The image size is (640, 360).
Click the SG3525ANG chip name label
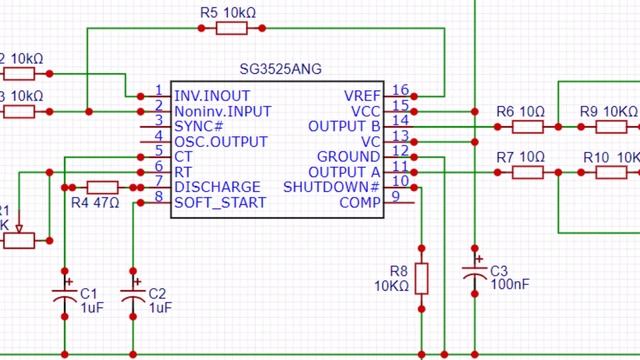[x=276, y=69]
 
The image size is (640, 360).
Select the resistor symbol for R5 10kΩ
[x=231, y=29]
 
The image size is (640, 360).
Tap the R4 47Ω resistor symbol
[x=102, y=187]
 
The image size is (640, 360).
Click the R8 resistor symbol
[x=421, y=278]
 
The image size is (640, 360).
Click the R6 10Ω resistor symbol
[x=528, y=127]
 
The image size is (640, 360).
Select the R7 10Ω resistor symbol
[x=528, y=172]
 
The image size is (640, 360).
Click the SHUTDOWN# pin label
[x=332, y=187]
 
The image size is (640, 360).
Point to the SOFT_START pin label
[x=220, y=203]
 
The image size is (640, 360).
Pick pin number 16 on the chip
[x=400, y=90]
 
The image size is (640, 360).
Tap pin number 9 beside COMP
[x=396, y=197]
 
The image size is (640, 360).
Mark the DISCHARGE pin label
[x=217, y=187]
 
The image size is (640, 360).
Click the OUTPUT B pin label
[x=344, y=126]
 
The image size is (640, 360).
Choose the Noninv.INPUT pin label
[x=222, y=110]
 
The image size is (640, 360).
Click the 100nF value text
[x=510, y=285]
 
